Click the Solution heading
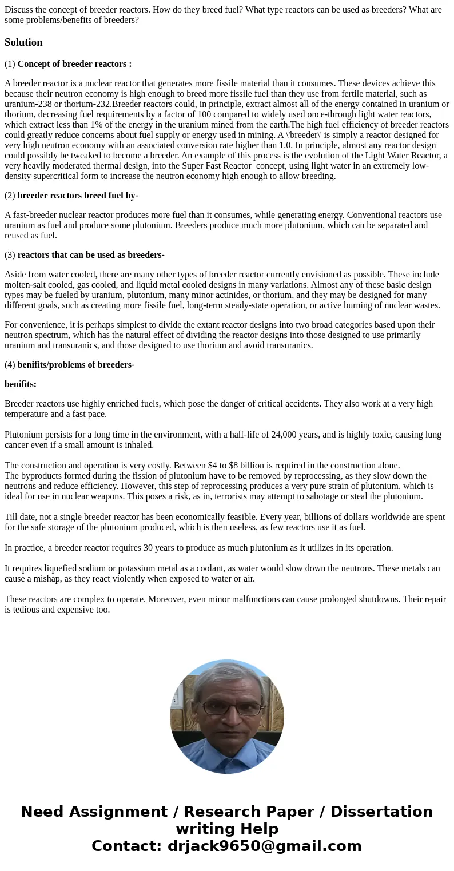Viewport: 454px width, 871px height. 23,42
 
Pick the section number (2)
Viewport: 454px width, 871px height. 10,196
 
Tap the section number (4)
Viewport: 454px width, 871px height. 10,365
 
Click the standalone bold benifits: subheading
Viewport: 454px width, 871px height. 21,384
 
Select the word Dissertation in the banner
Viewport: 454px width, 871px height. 381,812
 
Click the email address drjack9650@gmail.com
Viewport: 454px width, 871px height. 265,846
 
